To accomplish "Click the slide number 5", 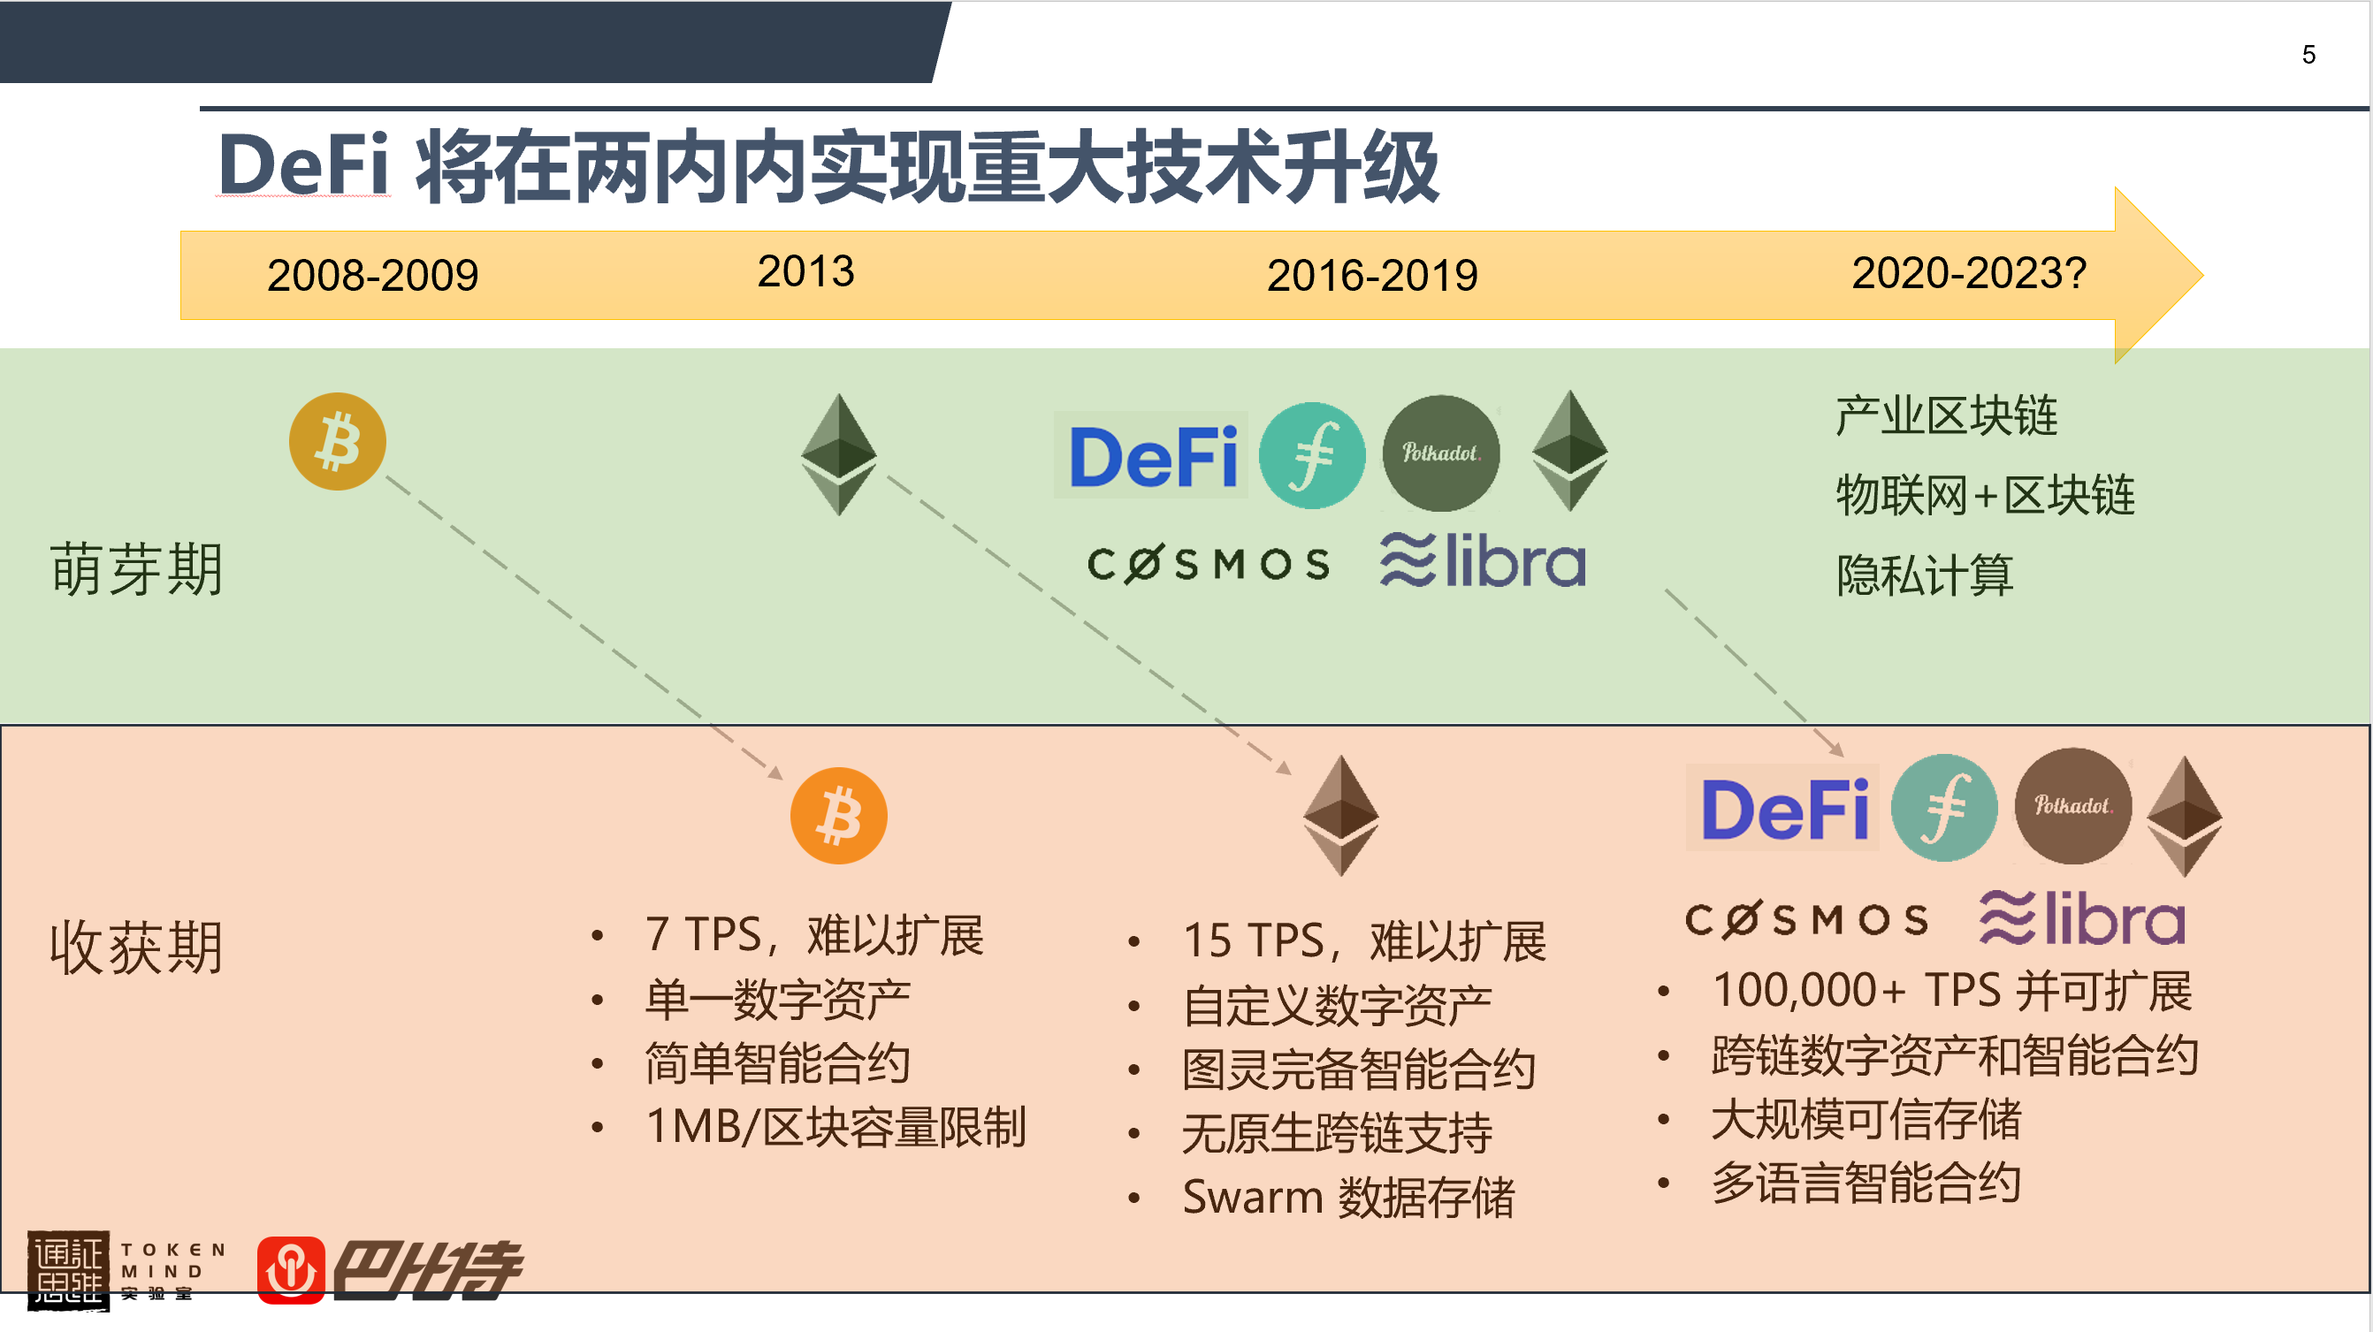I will point(2308,54).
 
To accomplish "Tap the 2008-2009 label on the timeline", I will point(372,276).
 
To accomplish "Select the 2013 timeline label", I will point(805,270).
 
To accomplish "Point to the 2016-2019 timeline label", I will point(1371,276).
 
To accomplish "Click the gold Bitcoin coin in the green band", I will point(337,441).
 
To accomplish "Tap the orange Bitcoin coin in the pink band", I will point(838,815).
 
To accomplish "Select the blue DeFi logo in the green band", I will point(1151,456).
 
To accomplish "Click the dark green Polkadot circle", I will point(1441,453).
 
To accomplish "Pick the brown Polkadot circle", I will point(2072,806).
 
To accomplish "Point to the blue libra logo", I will point(1482,560).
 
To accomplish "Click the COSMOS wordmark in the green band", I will point(1209,564).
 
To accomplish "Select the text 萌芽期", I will point(136,569).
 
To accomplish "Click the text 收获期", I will point(136,947).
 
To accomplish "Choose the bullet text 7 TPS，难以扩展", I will point(814,935).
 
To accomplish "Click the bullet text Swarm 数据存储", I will point(1347,1197).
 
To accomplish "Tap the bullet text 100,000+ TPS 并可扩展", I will point(1951,990).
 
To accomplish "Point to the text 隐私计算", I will point(1925,575).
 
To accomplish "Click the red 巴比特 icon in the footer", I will point(291,1270).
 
